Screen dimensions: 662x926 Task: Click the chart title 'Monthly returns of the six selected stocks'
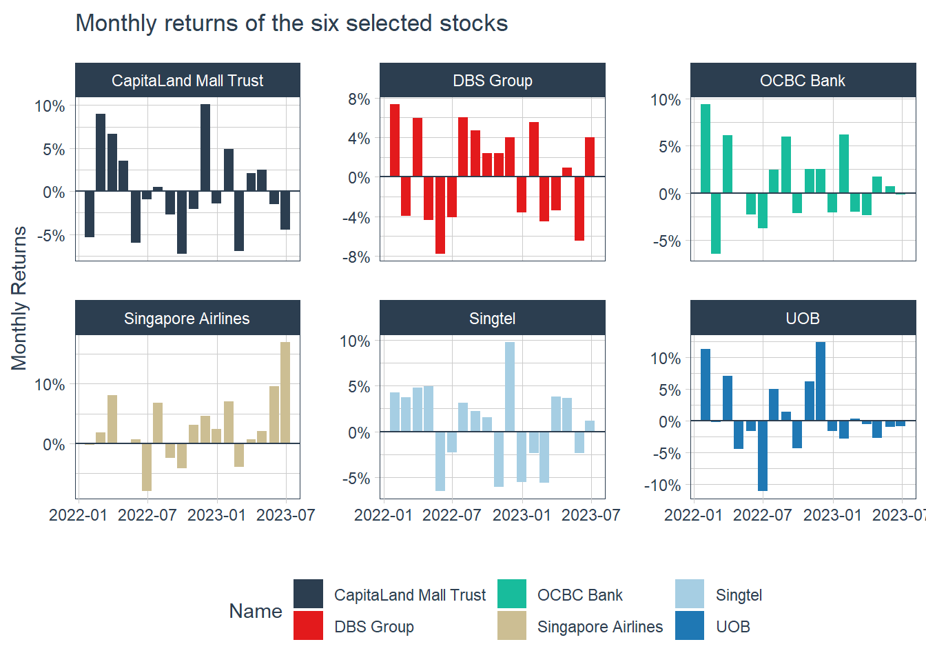(291, 23)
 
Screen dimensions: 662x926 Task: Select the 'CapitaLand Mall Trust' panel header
(187, 81)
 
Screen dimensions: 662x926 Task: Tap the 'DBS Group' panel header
(493, 81)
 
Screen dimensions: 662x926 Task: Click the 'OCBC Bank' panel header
(803, 81)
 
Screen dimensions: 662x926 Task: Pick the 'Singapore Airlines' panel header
(187, 319)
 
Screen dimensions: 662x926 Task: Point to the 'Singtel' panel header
(493, 319)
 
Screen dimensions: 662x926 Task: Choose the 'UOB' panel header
(803, 319)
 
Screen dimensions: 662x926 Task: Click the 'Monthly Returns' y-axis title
(19, 298)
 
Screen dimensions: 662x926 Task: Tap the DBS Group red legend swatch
(308, 625)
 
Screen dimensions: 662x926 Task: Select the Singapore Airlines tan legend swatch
(512, 625)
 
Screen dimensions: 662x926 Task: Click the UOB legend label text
(733, 627)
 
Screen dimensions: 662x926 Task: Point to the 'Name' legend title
(256, 611)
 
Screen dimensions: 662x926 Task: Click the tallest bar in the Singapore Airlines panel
(285, 392)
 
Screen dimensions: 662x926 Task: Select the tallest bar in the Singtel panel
(510, 387)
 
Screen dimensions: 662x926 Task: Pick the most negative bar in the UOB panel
(763, 456)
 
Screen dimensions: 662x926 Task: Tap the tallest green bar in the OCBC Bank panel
(706, 148)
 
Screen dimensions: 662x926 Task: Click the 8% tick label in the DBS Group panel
(359, 99)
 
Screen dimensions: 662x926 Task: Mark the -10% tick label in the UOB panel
(662, 485)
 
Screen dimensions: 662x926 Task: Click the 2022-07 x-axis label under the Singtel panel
(451, 515)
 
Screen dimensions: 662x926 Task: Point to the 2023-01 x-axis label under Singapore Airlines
(216, 515)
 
